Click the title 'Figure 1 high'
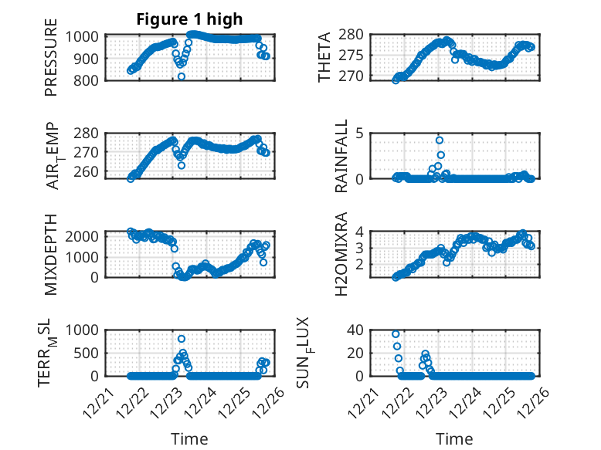(x=189, y=19)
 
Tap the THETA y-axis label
(x=324, y=56)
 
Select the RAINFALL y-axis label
(x=341, y=156)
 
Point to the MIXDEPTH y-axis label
(x=51, y=254)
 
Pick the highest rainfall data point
(x=439, y=140)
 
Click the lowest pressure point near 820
(x=182, y=76)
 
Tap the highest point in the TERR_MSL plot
(x=182, y=339)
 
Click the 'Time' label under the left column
(x=189, y=438)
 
